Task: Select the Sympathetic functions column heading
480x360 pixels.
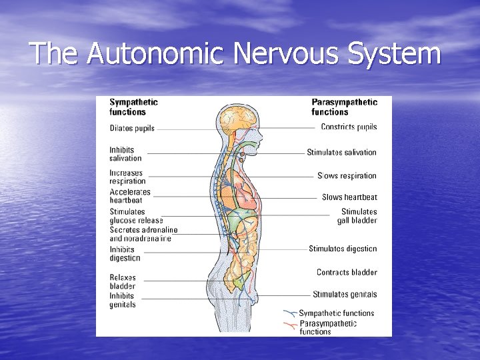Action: click(133, 107)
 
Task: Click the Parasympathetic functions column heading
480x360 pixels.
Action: click(344, 107)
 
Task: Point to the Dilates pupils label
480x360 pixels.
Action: click(132, 129)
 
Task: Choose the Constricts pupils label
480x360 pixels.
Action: click(349, 127)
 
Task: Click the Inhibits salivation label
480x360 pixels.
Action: click(125, 154)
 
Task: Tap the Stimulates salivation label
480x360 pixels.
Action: click(341, 152)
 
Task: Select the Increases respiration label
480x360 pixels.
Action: click(127, 177)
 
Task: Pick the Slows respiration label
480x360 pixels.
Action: click(347, 176)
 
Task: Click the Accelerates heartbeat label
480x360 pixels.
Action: click(130, 196)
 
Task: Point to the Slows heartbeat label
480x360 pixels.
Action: click(349, 197)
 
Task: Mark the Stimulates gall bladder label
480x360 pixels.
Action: click(357, 216)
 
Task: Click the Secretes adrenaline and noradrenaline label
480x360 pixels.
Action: click(140, 234)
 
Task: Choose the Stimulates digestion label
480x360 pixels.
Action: click(343, 249)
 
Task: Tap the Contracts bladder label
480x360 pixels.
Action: click(347, 272)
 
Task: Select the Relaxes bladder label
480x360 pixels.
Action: click(123, 282)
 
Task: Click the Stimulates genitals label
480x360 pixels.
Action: click(345, 294)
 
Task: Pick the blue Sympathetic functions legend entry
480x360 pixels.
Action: click(336, 313)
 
